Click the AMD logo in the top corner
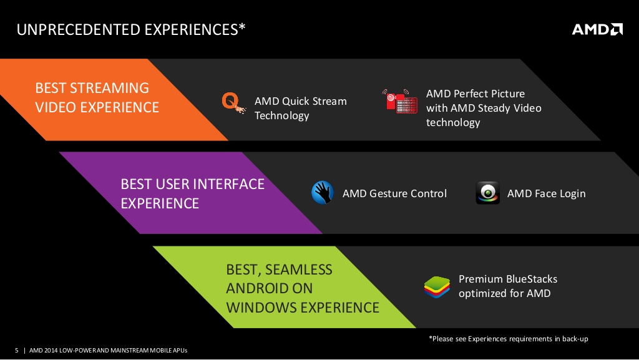point(597,29)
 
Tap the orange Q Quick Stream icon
point(233,102)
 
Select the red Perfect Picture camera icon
point(400,102)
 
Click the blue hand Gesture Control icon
point(323,193)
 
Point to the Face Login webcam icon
point(487,193)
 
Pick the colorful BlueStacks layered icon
point(437,287)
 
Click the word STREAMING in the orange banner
point(110,88)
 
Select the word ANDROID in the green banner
point(270,288)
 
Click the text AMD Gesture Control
point(394,193)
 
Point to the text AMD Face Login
point(546,194)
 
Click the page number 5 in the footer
point(17,350)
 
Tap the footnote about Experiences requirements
point(508,339)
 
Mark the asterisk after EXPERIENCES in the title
point(242,26)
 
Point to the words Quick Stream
point(315,102)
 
